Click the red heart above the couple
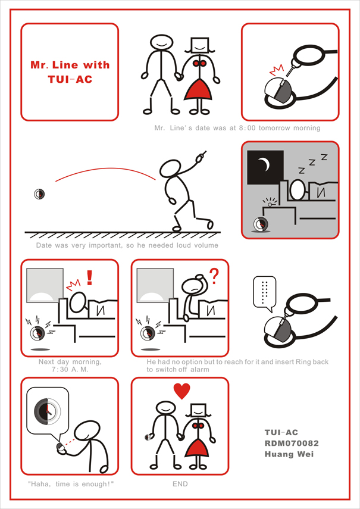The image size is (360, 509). pos(182,391)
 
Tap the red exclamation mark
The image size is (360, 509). pos(89,277)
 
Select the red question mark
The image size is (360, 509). pos(214,276)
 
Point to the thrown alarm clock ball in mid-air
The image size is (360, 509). pos(39,194)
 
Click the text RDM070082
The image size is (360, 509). pos(292,443)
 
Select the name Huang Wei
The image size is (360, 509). pos(289,454)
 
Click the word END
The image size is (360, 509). pos(180,483)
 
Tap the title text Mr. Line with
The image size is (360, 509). pos(70,65)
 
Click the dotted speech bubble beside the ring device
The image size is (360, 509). pos(265,293)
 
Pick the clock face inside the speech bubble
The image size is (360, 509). pos(48,410)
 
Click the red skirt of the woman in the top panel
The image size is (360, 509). pos(198,89)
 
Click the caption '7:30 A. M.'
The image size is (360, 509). pos(70,370)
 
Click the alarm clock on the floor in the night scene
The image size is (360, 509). pos(261,224)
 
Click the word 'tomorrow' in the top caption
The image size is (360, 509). pos(274,128)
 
